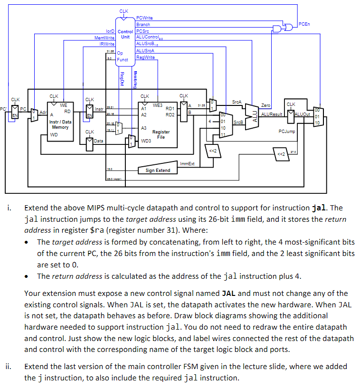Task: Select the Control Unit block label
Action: click(x=125, y=34)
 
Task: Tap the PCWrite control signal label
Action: click(x=144, y=18)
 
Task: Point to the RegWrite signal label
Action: click(x=145, y=57)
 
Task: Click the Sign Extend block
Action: click(x=158, y=170)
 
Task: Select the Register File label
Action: click(x=161, y=135)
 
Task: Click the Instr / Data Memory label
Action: click(x=60, y=124)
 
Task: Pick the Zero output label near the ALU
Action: click(x=266, y=105)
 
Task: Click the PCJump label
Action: click(x=287, y=132)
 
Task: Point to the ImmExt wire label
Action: click(x=187, y=163)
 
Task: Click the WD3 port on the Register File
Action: click(x=147, y=141)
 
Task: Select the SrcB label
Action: click(x=239, y=123)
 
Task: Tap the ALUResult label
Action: click(x=272, y=114)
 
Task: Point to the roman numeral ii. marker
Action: click(x=8, y=367)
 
